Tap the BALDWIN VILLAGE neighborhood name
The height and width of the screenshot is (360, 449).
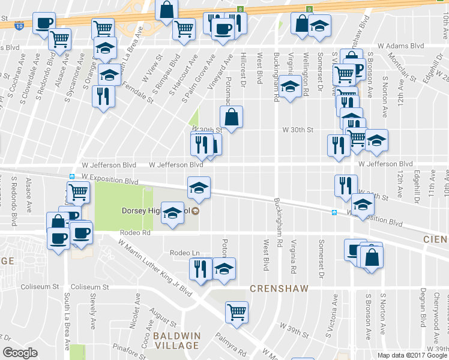[x=175, y=340]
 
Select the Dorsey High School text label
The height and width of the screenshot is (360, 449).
[x=155, y=211]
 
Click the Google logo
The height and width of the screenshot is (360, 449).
[x=20, y=353]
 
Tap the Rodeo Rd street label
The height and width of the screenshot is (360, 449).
[x=134, y=233]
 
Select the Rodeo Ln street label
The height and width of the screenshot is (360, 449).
[x=184, y=253]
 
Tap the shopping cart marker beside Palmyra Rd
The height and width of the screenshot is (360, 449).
[x=237, y=311]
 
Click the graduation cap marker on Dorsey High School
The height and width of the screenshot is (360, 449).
[x=172, y=214]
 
